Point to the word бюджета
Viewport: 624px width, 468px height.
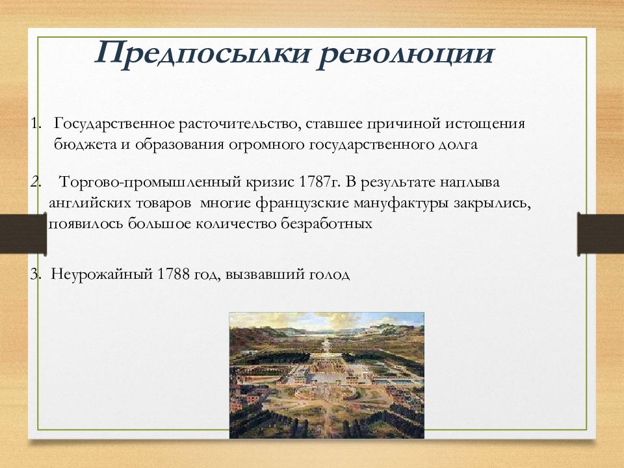[x=85, y=144]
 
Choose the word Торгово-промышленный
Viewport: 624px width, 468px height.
[x=150, y=183]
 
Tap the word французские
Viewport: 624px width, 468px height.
[x=302, y=203]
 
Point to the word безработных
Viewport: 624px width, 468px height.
[x=326, y=224]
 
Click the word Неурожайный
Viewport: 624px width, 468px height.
[x=102, y=274]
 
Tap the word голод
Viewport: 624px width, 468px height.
[x=329, y=274]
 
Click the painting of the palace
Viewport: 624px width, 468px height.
[x=327, y=375]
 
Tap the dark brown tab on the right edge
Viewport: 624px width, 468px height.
[x=601, y=233]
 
